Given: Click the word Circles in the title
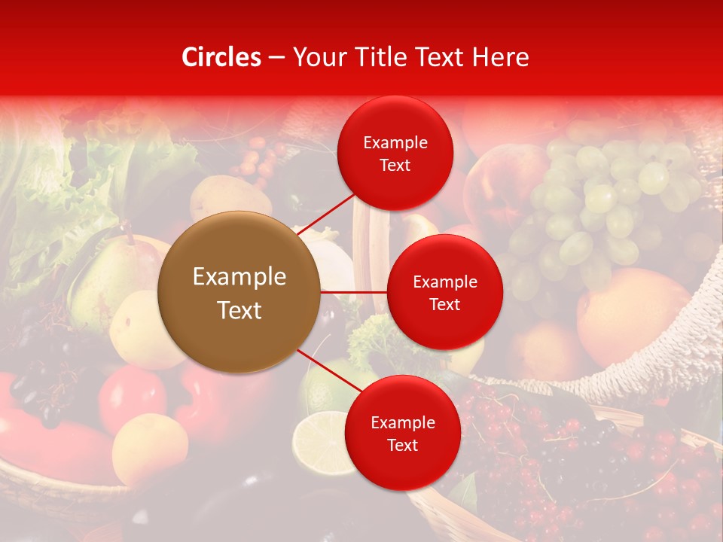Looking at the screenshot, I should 221,57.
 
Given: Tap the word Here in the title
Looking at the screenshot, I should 500,57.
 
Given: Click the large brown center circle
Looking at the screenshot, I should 239,292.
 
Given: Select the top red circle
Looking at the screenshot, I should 395,153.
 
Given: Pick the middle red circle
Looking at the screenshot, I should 444,292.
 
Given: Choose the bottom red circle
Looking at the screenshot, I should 402,433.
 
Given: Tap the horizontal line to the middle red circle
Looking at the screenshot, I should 354,292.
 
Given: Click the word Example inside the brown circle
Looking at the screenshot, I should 239,277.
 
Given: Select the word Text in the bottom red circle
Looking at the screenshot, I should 402,445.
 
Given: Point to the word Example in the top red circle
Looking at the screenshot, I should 395,142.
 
